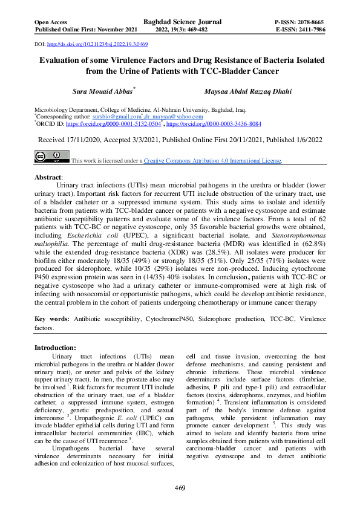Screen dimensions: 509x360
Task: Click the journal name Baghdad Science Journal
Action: coord(183,22)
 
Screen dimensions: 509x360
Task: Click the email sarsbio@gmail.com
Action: coord(114,116)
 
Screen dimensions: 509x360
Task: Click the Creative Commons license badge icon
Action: coord(51,157)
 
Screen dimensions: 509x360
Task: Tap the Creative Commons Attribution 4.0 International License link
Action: coord(212,161)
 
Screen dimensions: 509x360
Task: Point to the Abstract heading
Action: coord(49,178)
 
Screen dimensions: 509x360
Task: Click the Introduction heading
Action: coord(55,348)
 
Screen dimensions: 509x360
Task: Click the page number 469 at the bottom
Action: coord(180,487)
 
